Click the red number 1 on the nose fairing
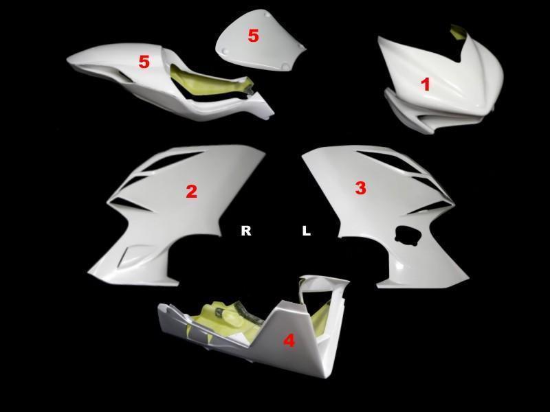click(426, 84)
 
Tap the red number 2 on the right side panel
click(191, 192)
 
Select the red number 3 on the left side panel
click(360, 187)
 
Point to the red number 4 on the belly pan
click(289, 341)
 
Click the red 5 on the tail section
click(144, 62)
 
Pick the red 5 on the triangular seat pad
click(253, 36)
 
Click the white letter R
click(246, 231)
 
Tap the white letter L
click(306, 231)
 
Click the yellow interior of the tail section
click(210, 81)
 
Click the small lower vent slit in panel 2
click(130, 255)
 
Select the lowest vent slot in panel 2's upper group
click(130, 203)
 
